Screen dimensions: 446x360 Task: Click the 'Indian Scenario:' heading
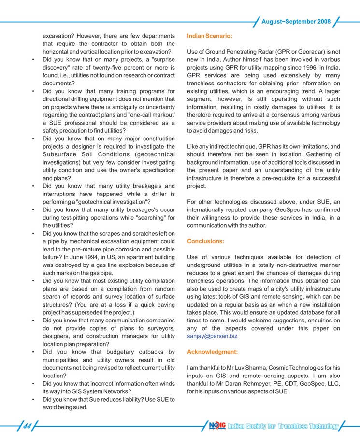(x=209, y=36)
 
